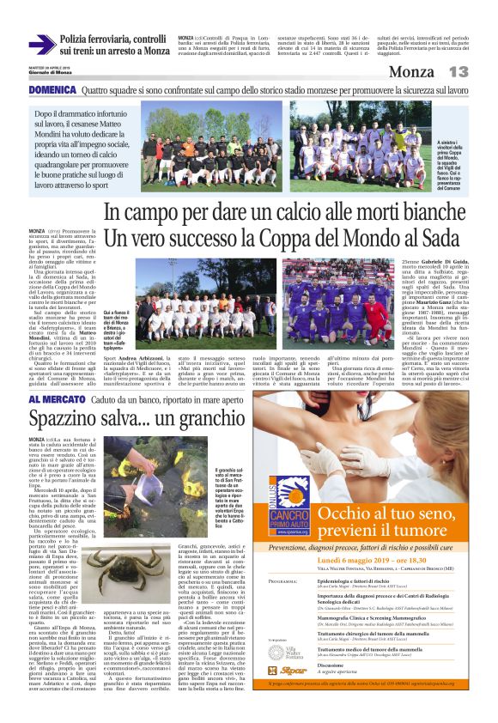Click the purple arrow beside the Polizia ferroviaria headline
tap(40, 45)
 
